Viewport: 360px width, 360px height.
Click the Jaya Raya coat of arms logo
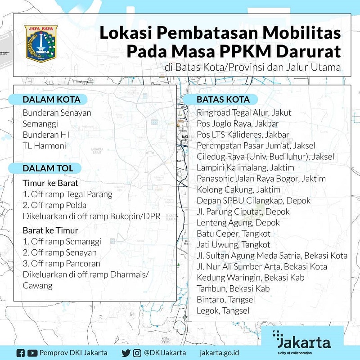[40, 44]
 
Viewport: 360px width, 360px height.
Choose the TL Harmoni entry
[45, 145]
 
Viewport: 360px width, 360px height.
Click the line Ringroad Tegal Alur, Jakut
[244, 112]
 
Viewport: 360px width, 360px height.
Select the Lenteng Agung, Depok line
[238, 223]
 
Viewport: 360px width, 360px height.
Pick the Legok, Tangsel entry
[223, 310]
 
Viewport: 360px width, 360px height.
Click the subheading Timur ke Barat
[50, 184]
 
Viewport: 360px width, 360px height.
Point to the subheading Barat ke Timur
[50, 231]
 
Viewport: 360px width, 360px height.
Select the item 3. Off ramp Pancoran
[62, 263]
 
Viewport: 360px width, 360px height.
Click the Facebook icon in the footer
[20, 353]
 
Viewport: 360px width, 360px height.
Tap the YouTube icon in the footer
[32, 353]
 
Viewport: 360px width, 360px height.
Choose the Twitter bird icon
[126, 353]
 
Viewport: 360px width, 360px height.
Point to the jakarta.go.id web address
[219, 353]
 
